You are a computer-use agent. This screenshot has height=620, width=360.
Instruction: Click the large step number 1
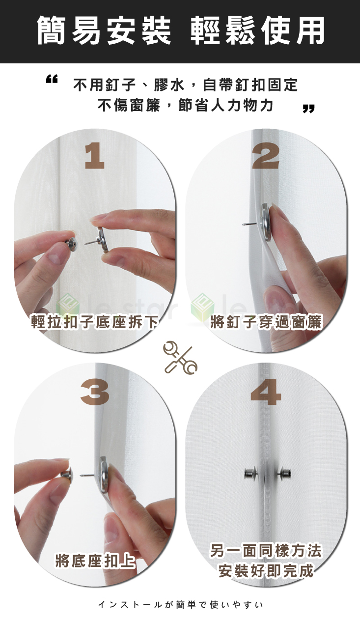94,157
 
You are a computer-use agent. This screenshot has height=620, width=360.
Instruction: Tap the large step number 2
266,157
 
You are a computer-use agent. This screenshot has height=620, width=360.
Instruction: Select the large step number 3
95,393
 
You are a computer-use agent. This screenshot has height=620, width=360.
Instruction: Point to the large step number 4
266,393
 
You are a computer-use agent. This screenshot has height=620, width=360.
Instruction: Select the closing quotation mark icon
308,108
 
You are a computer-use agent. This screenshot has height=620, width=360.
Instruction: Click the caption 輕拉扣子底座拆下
95,322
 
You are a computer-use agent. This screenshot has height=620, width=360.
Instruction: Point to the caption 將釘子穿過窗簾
266,322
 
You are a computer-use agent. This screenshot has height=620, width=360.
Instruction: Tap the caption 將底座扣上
95,561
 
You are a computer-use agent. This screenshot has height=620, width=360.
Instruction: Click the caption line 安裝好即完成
266,571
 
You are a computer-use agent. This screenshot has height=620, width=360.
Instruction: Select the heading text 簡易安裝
104,30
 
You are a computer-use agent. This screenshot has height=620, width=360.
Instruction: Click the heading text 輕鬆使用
257,30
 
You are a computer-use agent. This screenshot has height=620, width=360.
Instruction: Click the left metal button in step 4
251,474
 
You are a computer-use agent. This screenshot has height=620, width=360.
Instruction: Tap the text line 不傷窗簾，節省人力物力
185,105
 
